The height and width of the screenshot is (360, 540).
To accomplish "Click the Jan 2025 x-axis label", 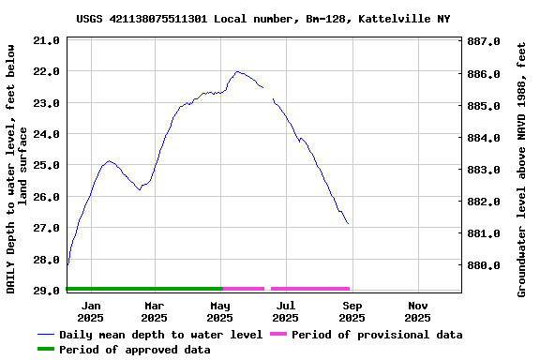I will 91,311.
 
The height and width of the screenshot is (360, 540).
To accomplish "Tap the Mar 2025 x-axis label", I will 154,311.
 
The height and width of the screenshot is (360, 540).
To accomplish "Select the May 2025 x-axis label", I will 219,311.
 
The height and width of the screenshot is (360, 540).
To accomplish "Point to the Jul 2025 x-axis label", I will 286,311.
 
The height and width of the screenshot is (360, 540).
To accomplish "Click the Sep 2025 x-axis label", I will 352,311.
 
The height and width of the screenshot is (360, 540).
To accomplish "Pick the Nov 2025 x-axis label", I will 418,311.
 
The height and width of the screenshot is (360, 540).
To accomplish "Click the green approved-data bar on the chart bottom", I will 144,289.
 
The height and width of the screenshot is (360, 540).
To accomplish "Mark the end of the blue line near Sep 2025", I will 348,223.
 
